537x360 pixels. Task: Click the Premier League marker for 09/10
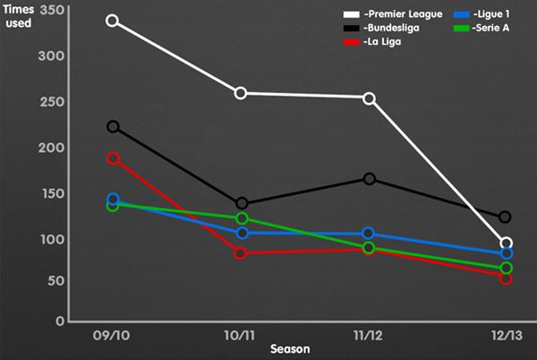[x=113, y=21]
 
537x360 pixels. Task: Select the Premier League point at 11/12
[x=369, y=99]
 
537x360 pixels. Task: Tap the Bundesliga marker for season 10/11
[x=242, y=203]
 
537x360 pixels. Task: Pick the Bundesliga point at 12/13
[x=505, y=217]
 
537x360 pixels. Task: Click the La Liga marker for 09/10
[x=113, y=159]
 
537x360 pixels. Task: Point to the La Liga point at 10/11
[x=241, y=253]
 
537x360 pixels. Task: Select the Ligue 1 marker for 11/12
[x=368, y=233]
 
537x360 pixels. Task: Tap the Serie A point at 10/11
[x=242, y=219]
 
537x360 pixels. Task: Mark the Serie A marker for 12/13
[x=507, y=268]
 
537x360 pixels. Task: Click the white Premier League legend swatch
[x=352, y=14]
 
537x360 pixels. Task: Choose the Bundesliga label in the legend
[x=391, y=28]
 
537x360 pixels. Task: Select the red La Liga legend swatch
[x=352, y=42]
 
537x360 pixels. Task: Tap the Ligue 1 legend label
[x=491, y=14]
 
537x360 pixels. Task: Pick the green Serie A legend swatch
[x=461, y=29]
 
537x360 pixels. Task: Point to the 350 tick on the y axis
[x=52, y=10]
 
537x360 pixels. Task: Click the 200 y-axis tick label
[x=51, y=148]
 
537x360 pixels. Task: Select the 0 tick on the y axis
[x=60, y=321]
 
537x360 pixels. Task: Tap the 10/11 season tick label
[x=240, y=336]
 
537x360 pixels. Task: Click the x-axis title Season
[x=290, y=349]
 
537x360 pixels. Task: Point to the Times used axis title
[x=19, y=16]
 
